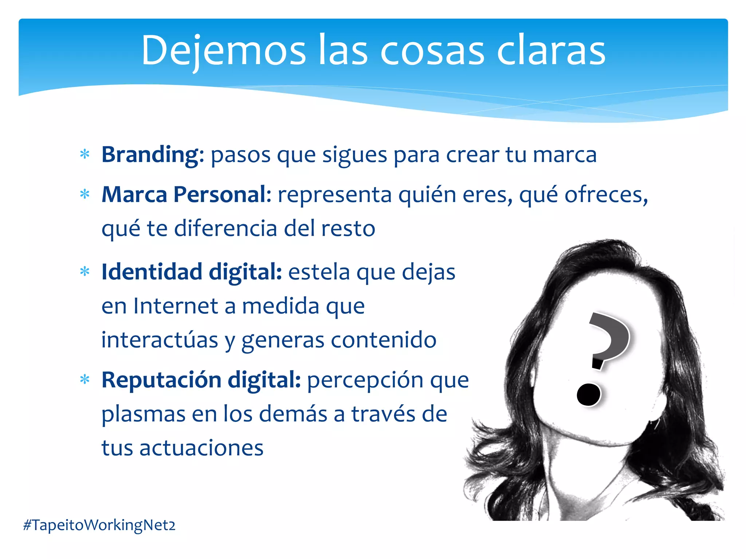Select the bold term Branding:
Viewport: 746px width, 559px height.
click(x=153, y=155)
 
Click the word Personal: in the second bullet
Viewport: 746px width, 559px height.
click(x=222, y=194)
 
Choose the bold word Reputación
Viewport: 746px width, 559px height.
click(x=161, y=380)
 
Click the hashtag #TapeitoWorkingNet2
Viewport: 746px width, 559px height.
click(x=99, y=525)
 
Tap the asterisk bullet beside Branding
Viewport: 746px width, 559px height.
click(x=85, y=155)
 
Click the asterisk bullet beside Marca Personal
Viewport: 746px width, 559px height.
click(x=85, y=194)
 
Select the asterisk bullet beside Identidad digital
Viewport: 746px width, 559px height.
click(x=85, y=272)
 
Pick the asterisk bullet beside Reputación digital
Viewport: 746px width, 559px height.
click(x=85, y=380)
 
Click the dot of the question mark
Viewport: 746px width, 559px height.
click(x=589, y=395)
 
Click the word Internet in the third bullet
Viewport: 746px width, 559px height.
click(x=176, y=306)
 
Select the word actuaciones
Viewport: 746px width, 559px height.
click(x=201, y=448)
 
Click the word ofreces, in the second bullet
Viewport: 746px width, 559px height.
click(x=606, y=195)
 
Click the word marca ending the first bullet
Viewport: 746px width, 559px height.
click(x=565, y=155)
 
